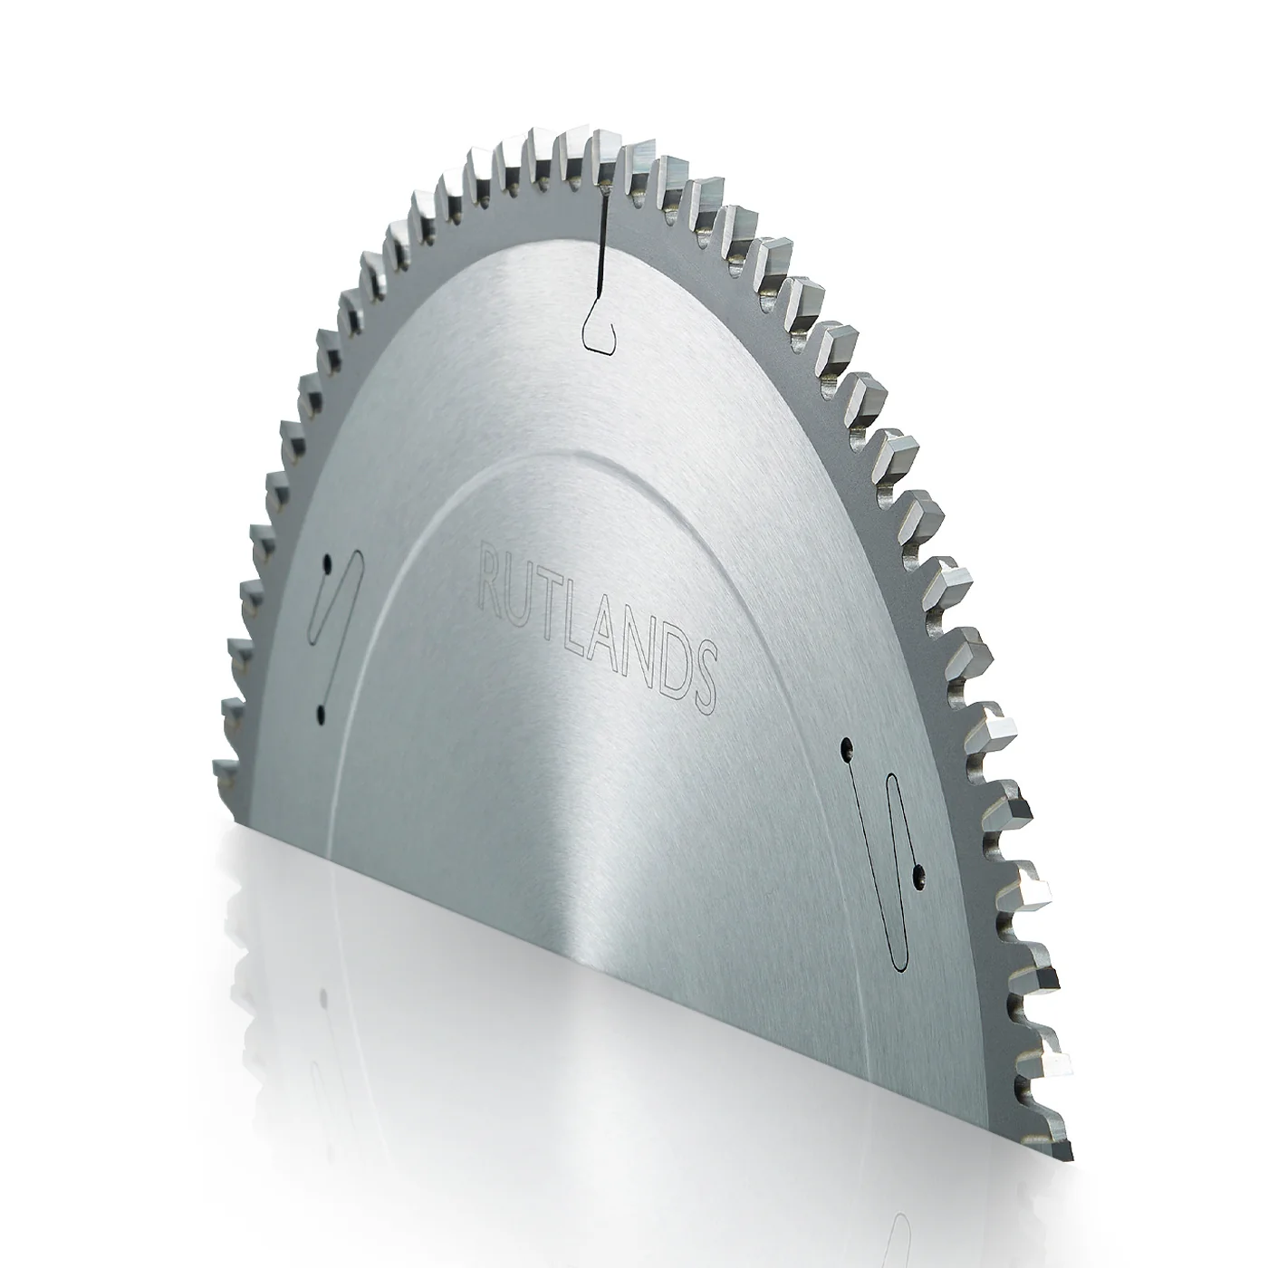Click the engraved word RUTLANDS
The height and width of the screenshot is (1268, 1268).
tap(597, 628)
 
